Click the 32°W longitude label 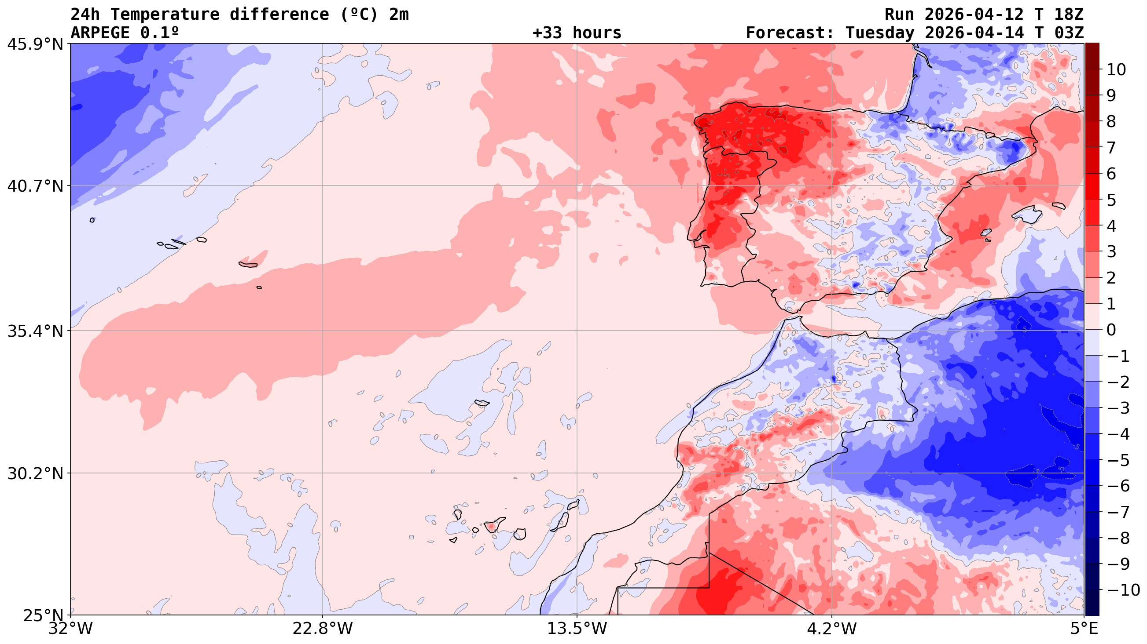coord(71,629)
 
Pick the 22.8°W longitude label coord(322,629)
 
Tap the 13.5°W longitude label coord(577,629)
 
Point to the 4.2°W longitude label coord(831,629)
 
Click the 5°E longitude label coord(1083,629)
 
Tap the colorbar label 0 coord(1111,330)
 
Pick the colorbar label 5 coord(1111,200)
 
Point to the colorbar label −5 coord(1118,460)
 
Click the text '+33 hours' coord(577,33)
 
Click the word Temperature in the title coord(165,14)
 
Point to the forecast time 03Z coord(1069,33)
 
